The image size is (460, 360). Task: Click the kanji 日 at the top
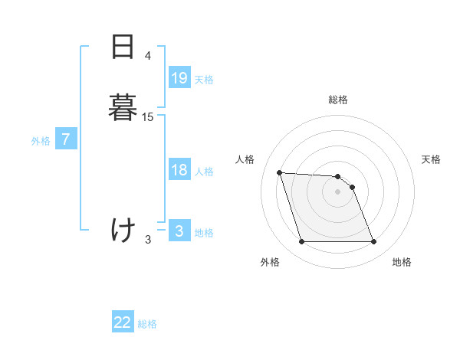123,47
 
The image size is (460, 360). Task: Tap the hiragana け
123,229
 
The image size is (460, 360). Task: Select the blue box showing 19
179,78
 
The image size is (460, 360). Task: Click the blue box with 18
179,170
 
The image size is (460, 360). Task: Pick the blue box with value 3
179,231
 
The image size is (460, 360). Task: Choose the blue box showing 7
67,139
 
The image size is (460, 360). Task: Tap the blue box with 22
123,322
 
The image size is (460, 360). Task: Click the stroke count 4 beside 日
148,56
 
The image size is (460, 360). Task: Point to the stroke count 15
148,116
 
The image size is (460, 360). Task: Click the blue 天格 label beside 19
204,80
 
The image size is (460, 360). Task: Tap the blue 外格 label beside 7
41,141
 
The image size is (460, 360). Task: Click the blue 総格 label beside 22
147,324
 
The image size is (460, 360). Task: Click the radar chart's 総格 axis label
338,100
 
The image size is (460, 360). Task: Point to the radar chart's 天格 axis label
431,159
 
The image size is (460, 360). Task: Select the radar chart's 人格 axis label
245,159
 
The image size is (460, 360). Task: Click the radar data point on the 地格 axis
373,242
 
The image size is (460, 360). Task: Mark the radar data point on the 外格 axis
301,242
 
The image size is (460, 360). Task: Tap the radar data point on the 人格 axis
280,173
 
